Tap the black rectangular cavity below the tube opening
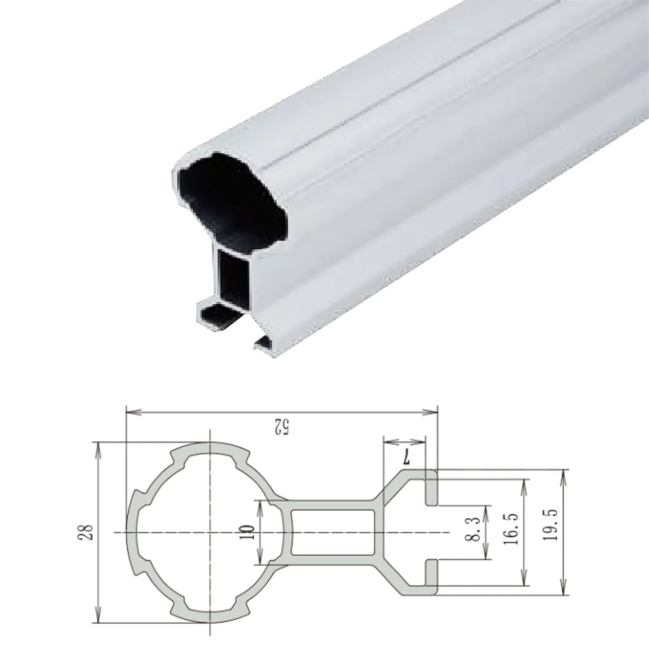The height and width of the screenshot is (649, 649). pyautogui.click(x=233, y=279)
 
